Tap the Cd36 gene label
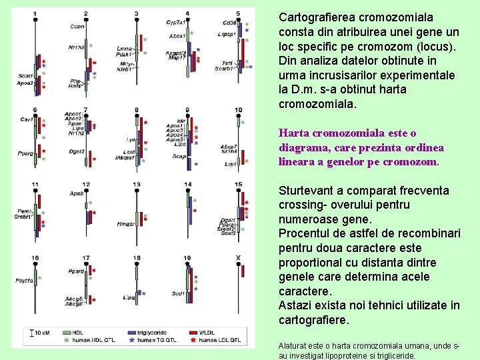(x=229, y=22)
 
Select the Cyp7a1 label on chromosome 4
(x=176, y=22)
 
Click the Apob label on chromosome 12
(x=77, y=193)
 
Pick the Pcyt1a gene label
(x=25, y=281)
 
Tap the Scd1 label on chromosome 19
(x=178, y=293)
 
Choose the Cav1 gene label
(x=26, y=119)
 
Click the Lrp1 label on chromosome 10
(x=231, y=163)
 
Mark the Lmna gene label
(x=124, y=49)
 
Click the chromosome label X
(x=239, y=257)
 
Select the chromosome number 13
(x=137, y=184)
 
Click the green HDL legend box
(x=67, y=331)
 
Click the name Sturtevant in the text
(x=307, y=191)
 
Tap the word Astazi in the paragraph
(x=295, y=305)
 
